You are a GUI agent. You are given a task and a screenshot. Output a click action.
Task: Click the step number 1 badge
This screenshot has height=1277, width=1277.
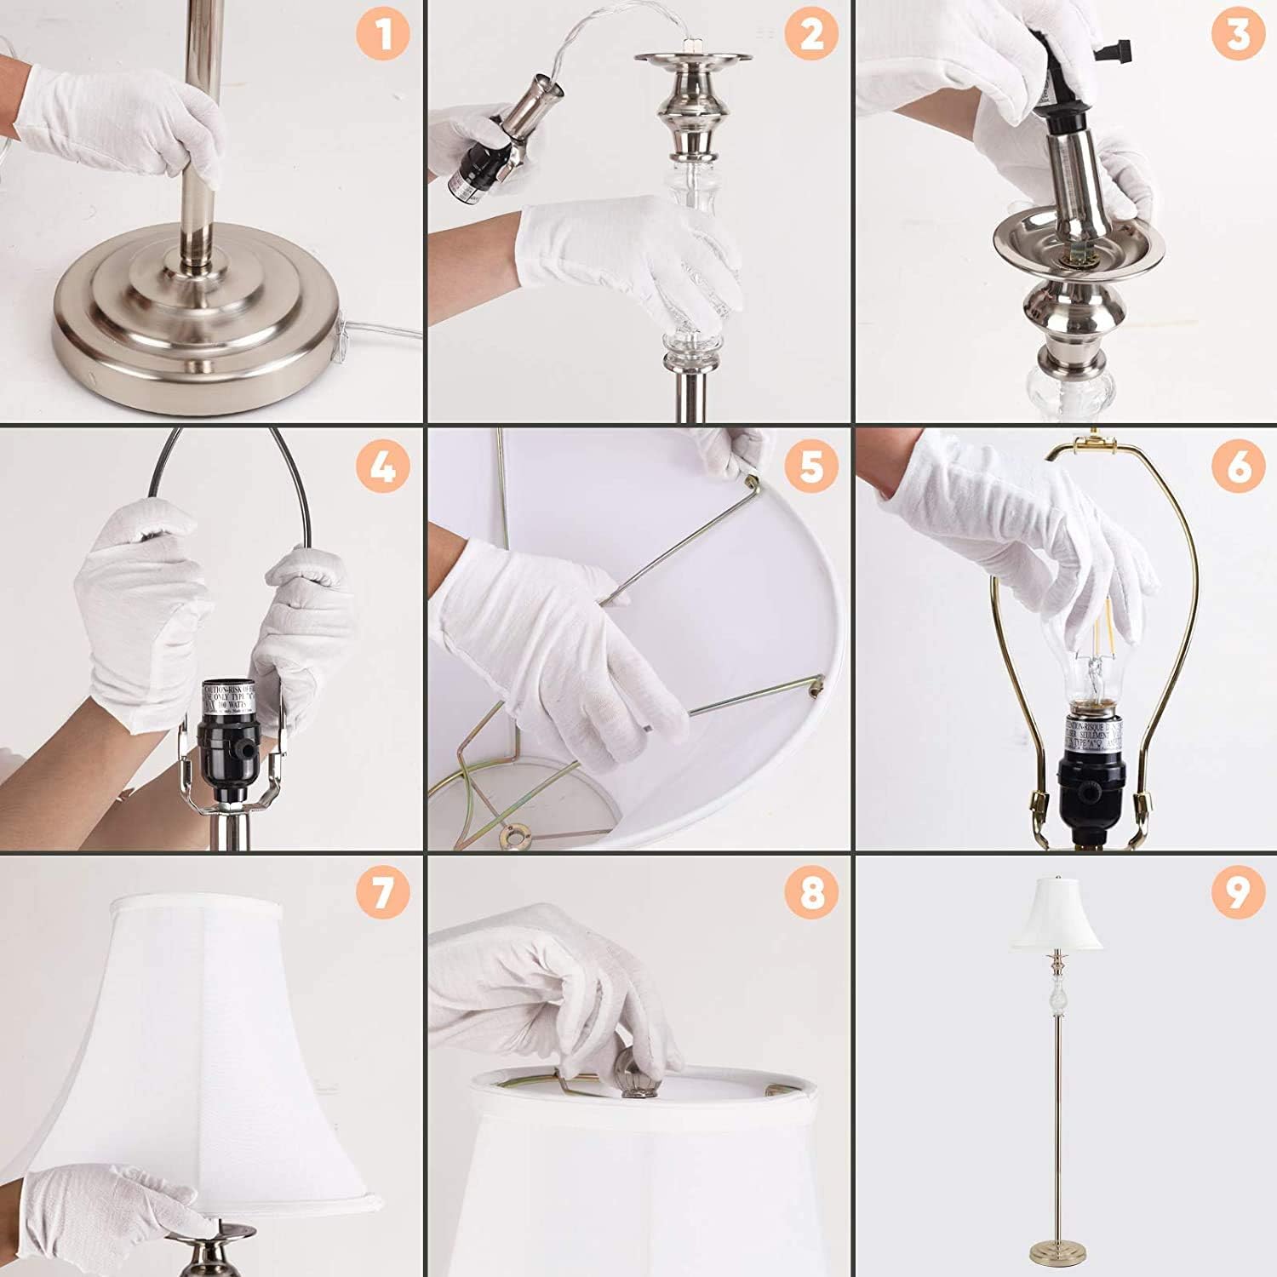point(383,36)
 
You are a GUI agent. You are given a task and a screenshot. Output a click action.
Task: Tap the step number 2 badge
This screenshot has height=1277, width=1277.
point(811,36)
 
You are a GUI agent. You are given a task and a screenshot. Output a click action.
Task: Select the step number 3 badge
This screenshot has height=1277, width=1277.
point(1239,36)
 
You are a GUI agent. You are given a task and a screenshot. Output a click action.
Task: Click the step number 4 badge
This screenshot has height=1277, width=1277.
point(383,466)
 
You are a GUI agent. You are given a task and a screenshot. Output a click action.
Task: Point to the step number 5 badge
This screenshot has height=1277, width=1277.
point(811,466)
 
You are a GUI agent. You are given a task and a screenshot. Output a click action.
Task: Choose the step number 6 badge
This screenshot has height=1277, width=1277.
point(1239,466)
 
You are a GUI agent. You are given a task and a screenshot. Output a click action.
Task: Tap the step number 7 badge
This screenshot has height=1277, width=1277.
point(383,893)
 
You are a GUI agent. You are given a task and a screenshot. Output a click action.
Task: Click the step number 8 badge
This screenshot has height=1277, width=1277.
point(811,893)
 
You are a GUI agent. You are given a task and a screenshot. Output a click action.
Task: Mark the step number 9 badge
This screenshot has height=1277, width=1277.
point(1239,893)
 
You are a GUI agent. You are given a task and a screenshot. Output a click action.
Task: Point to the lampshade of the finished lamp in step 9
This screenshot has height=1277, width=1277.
point(1056,915)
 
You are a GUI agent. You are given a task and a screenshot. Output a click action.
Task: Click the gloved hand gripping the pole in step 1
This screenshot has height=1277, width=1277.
point(128,123)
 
